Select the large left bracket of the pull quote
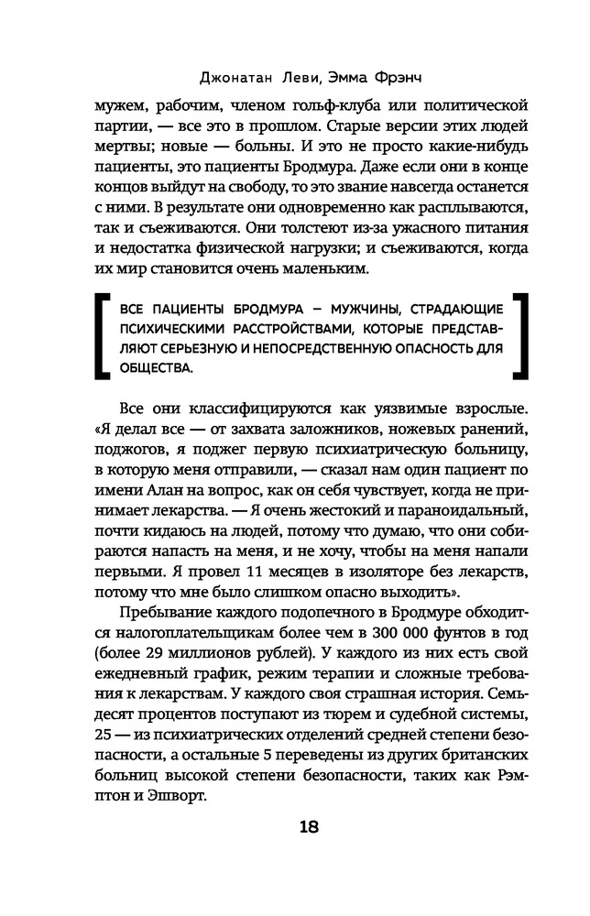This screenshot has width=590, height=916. [101, 337]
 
